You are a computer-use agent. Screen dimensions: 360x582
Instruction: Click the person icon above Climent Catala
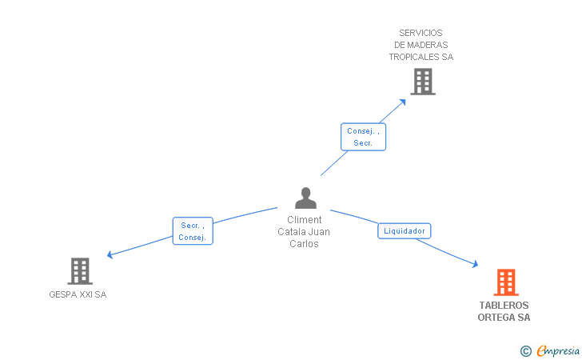pos(305,198)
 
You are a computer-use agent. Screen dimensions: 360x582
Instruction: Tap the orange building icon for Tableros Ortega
pos(505,282)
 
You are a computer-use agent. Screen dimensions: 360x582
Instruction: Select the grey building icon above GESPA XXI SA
pos(80,271)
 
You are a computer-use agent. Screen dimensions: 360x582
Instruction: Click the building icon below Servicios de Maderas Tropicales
pos(422,81)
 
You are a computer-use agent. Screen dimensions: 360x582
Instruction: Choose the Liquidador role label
pos(405,231)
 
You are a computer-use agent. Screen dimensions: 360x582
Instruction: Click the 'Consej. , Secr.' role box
pos(363,137)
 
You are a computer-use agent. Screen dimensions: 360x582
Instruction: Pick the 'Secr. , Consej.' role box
pos(193,231)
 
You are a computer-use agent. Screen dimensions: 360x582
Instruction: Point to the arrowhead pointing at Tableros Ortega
pos(475,265)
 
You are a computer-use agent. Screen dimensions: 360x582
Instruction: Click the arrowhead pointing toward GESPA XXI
pos(110,255)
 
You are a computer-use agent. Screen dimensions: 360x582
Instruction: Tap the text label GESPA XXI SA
pos(78,294)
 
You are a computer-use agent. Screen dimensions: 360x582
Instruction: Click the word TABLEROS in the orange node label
pos(504,306)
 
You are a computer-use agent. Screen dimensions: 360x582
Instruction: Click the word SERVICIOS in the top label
pos(421,34)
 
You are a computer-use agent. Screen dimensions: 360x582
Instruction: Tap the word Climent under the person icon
pos(304,220)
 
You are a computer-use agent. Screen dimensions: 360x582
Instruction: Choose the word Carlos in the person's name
pos(304,244)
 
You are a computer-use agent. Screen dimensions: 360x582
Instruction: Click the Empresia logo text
pos(558,350)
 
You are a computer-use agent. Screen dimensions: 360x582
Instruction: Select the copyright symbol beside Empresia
pos(525,350)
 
